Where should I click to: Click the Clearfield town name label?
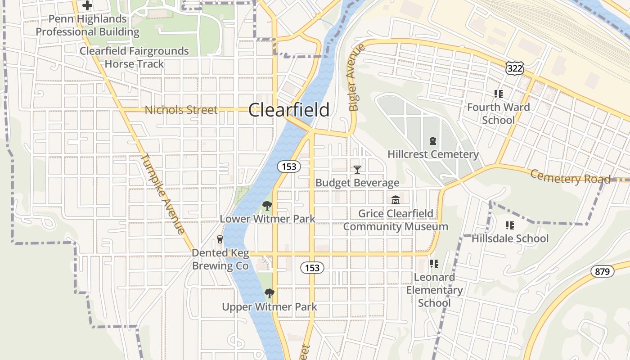(x=288, y=110)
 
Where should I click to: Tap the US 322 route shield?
(x=514, y=68)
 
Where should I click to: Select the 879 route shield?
(x=602, y=271)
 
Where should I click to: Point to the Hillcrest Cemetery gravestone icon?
(x=433, y=141)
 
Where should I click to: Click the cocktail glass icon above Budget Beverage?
(x=357, y=169)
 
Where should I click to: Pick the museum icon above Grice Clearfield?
(x=396, y=200)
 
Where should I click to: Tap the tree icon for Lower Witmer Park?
(x=267, y=206)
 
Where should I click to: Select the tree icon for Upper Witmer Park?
(x=269, y=293)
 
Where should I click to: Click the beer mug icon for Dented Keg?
(x=220, y=239)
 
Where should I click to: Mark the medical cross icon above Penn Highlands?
(x=87, y=6)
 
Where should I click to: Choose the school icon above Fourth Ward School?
(x=498, y=94)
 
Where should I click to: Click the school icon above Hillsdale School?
(x=510, y=225)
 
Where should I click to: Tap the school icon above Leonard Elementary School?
(x=434, y=264)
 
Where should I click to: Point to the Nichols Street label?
(x=181, y=110)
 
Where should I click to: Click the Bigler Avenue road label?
(x=355, y=77)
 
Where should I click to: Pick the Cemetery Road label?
(x=570, y=177)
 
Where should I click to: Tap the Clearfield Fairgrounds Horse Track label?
(x=134, y=57)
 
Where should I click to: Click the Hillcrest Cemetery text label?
(x=433, y=154)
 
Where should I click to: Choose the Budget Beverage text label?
(x=357, y=183)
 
